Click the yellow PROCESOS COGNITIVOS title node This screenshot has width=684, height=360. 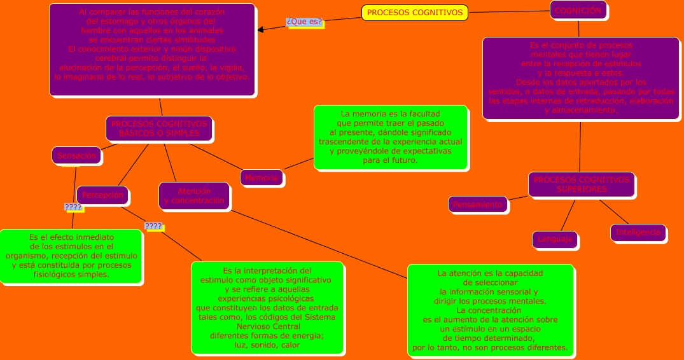pos(414,13)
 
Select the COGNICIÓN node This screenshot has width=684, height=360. pos(578,11)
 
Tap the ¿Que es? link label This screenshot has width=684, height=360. pos(305,22)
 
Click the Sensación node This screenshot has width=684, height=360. pos(76,155)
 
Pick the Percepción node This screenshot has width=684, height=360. pos(102,195)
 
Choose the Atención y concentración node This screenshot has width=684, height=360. pos(194,196)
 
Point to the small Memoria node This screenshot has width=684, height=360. pos(262,178)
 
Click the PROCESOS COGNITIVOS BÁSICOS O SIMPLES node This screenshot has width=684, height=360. pos(159,128)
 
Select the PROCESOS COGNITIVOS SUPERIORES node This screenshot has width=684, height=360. pos(581,184)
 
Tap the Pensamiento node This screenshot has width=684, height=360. pos(478,204)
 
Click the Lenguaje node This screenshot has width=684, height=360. pos(555,239)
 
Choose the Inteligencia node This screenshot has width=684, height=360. pos(638,232)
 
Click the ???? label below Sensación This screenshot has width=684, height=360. pos(73,207)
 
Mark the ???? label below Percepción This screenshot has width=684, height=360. pos(153,226)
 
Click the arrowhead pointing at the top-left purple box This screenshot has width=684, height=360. pos(261,29)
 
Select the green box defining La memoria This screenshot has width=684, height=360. pos(391,137)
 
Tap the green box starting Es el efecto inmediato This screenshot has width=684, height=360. pos(70,256)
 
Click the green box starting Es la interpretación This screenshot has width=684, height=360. pos(267,307)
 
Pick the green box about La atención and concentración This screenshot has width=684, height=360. pos(490,310)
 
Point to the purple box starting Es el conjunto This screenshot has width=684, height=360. pos(580,78)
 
